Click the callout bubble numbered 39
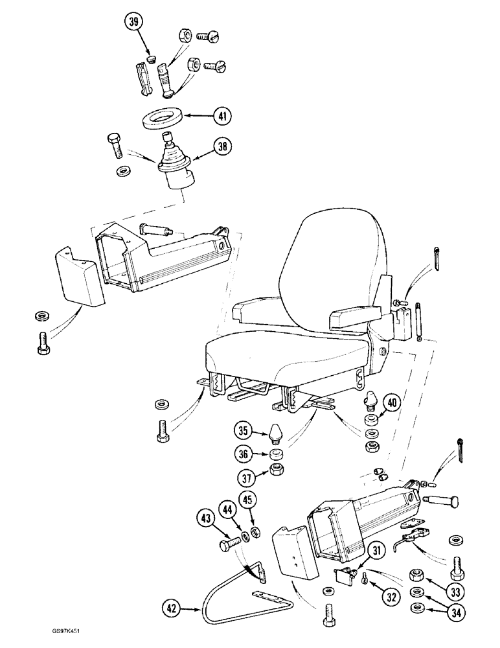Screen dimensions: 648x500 click(134, 21)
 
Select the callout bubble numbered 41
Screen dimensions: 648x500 click(222, 117)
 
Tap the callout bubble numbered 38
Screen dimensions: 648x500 click(223, 148)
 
